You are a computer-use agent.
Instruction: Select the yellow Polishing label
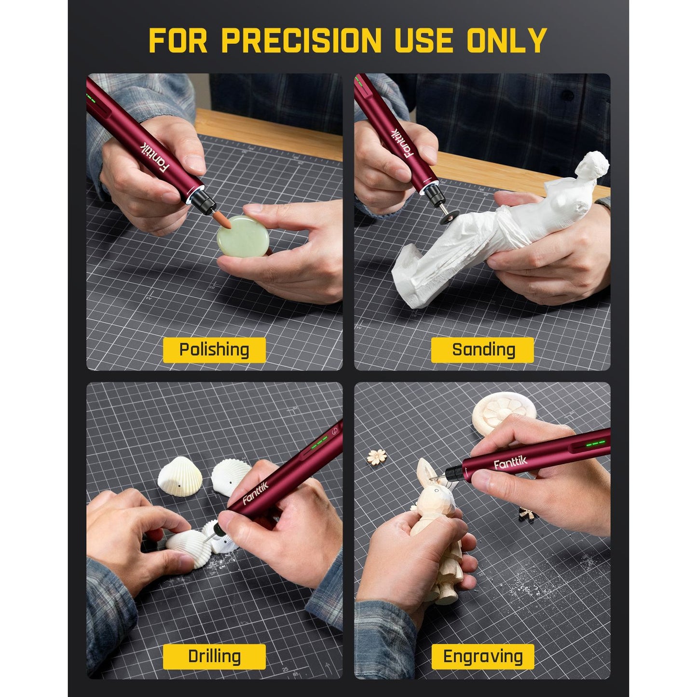pyautogui.click(x=214, y=350)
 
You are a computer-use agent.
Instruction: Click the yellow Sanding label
pyautogui.click(x=482, y=350)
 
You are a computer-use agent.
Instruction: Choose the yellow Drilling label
pyautogui.click(x=214, y=656)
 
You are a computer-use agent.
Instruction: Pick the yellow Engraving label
pyautogui.click(x=482, y=656)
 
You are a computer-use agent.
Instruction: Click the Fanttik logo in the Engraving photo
pyautogui.click(x=510, y=464)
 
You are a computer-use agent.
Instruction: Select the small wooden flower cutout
pyautogui.click(x=377, y=455)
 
